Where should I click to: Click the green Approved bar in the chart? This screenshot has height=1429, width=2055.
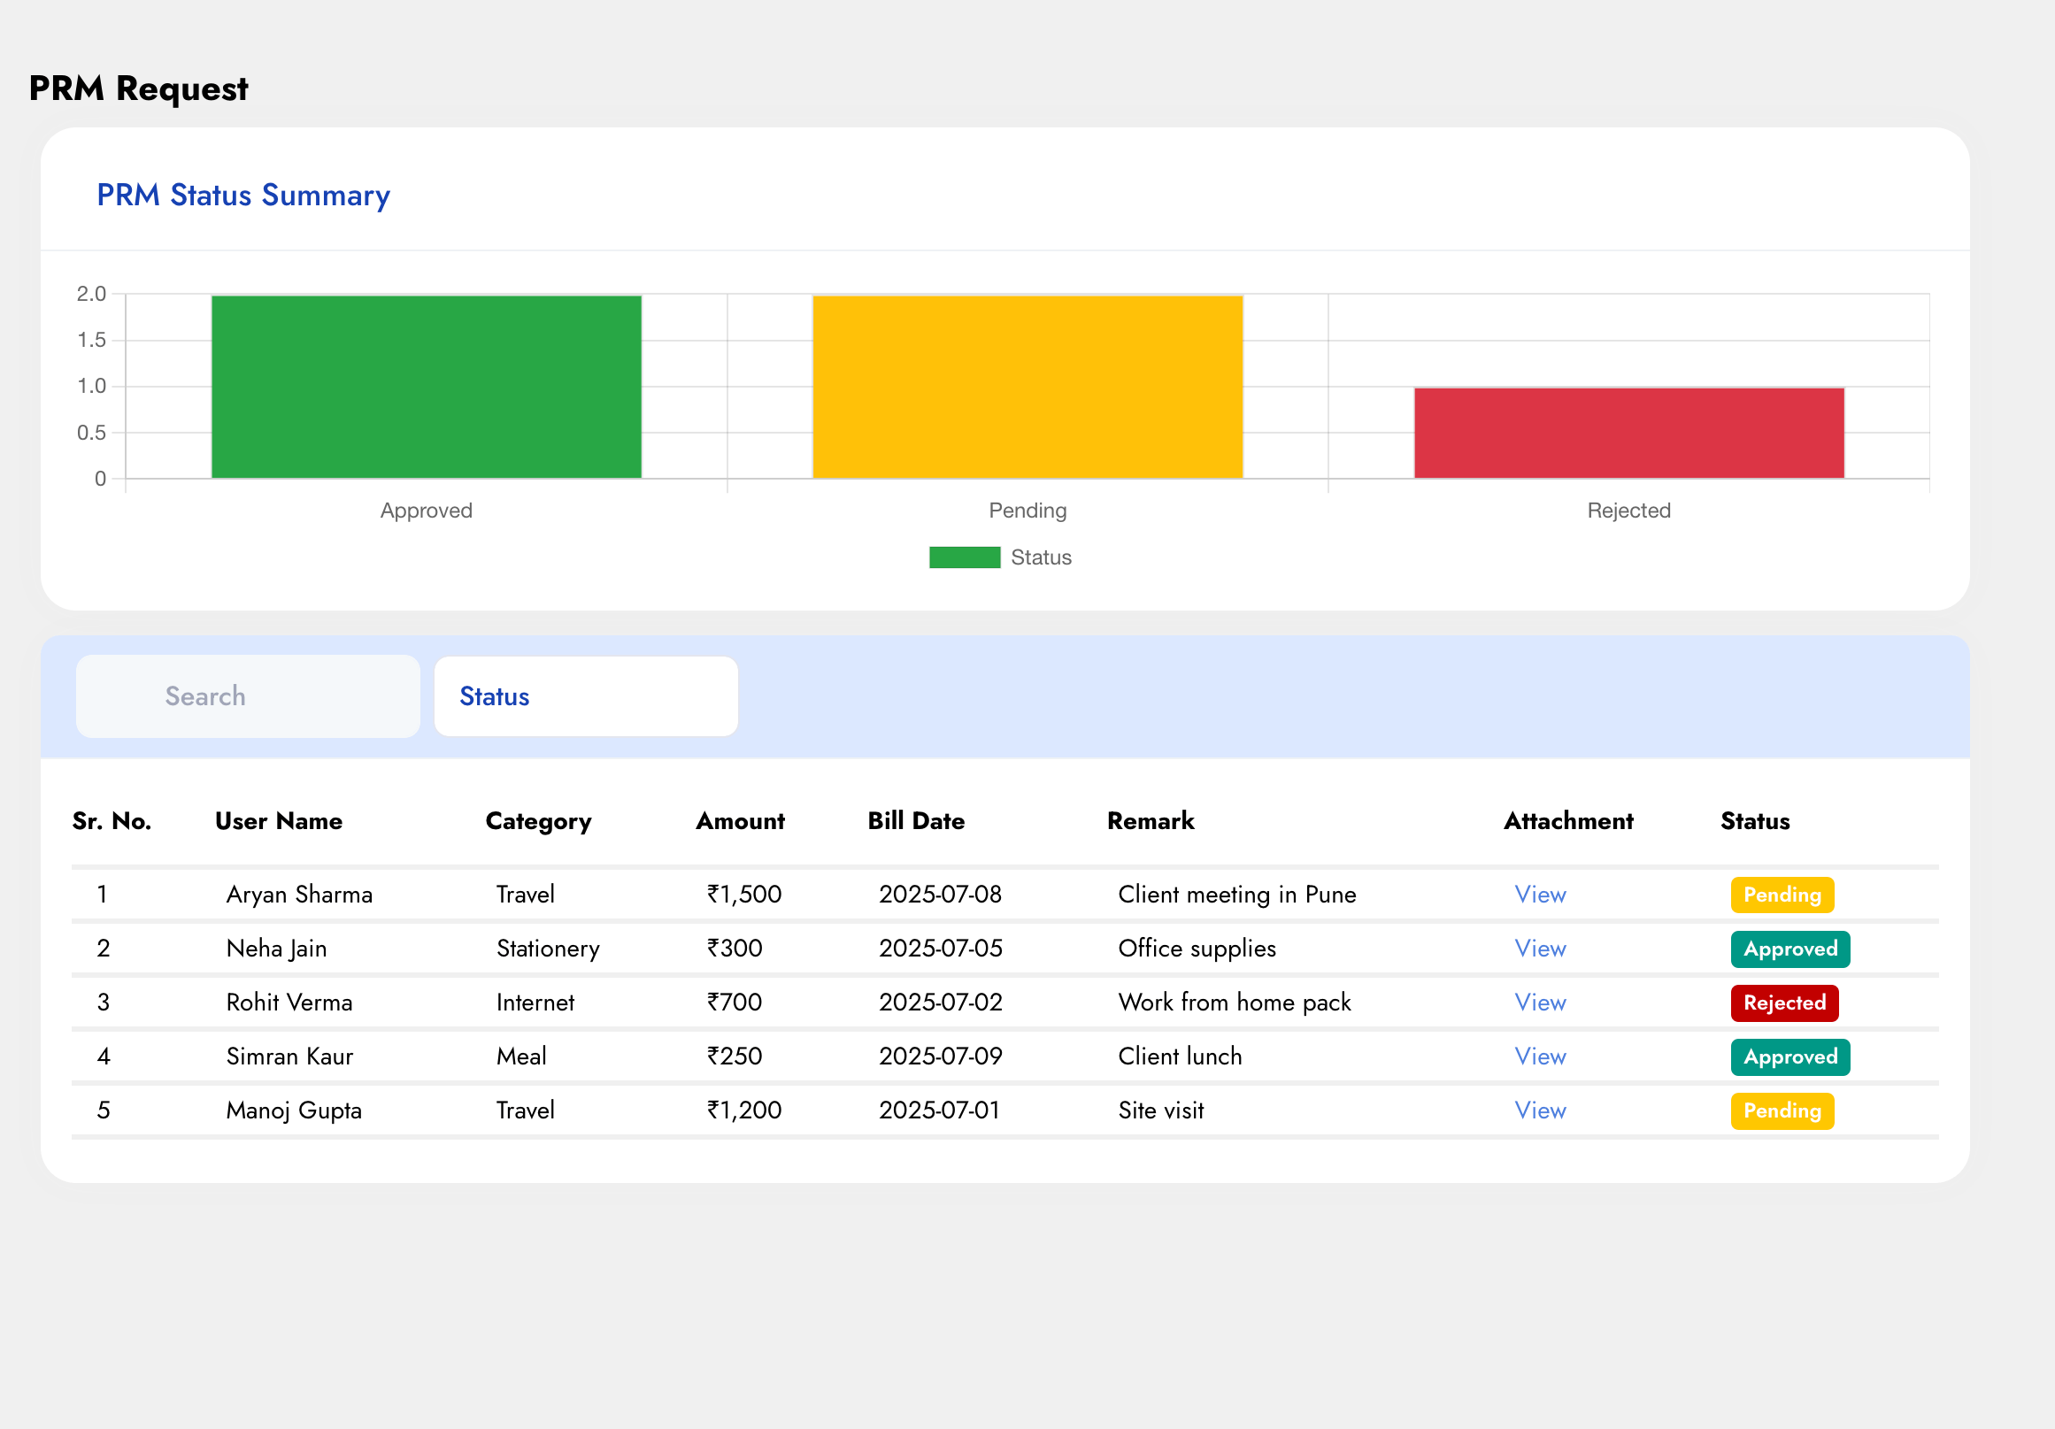point(426,387)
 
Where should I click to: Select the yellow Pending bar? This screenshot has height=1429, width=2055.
point(1027,387)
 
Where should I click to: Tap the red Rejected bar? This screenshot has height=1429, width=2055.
point(1629,433)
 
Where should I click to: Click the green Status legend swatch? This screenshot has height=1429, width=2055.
point(964,557)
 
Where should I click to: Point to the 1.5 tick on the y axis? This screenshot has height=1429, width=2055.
point(91,340)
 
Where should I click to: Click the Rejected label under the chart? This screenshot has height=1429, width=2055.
point(1629,510)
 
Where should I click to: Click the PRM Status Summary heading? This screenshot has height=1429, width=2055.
point(243,195)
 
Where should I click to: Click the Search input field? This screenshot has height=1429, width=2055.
point(248,696)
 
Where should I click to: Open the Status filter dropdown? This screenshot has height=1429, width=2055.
point(585,696)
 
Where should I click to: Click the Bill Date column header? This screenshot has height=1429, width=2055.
point(916,820)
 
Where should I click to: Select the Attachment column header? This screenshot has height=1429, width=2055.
point(1568,820)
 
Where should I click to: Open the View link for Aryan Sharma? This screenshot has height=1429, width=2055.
point(1539,895)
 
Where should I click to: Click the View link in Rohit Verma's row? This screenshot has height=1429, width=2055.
point(1539,1003)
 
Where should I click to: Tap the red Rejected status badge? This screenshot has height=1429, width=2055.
point(1784,1003)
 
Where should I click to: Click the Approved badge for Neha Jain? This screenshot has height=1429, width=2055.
point(1790,949)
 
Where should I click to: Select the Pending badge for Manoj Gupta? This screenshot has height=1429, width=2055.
point(1782,1111)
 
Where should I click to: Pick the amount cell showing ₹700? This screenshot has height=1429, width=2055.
point(734,1003)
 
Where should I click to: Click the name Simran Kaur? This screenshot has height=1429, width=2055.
point(289,1056)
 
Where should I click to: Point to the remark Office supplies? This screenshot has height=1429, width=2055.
point(1197,949)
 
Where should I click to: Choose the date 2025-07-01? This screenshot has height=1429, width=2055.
point(939,1110)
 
